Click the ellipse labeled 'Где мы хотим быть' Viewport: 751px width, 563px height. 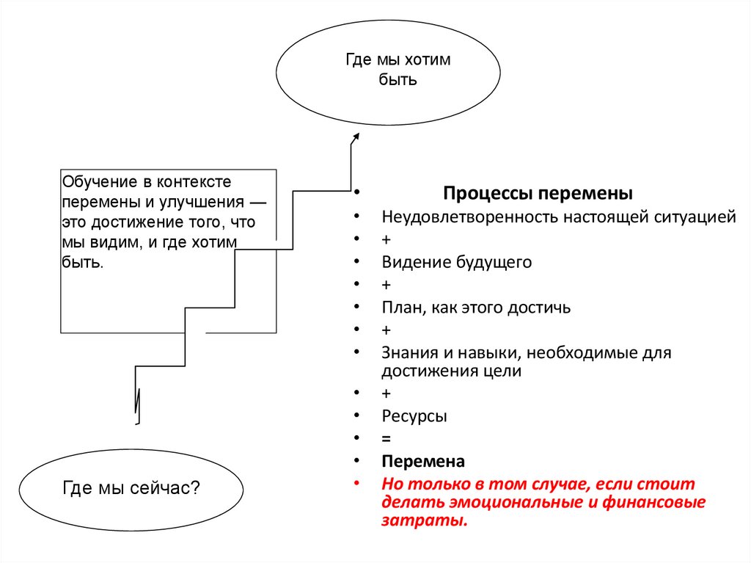point(388,70)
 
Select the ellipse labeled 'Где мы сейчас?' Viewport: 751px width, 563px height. point(131,487)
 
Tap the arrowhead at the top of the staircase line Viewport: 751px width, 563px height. point(356,137)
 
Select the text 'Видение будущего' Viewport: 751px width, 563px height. point(456,262)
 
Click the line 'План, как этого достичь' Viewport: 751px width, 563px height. point(475,307)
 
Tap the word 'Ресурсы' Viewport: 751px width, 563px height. point(414,416)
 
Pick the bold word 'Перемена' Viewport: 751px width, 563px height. point(423,462)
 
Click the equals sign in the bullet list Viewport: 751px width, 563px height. point(387,439)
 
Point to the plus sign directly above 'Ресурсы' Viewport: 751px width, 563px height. point(387,394)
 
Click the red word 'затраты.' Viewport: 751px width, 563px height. point(424,521)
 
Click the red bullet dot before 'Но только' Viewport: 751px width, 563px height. point(356,484)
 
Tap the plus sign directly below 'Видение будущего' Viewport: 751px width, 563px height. point(387,284)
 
